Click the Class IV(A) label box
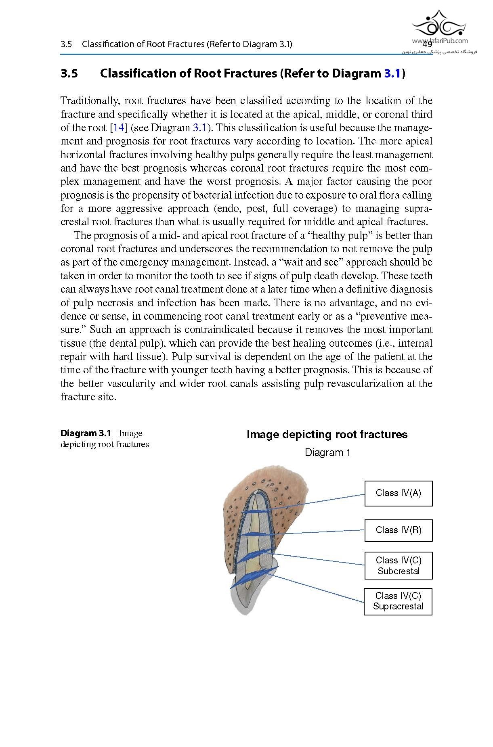(x=398, y=493)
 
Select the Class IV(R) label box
(x=398, y=530)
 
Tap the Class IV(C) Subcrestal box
(x=398, y=565)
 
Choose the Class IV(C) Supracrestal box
(x=398, y=601)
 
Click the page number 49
(x=427, y=44)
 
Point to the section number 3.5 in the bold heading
(x=69, y=73)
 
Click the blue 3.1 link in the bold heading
(x=392, y=73)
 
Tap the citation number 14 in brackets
(x=118, y=128)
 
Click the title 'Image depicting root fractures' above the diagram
(x=327, y=435)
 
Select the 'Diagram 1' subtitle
(x=327, y=452)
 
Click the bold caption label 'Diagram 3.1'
(x=86, y=433)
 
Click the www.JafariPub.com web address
(x=440, y=40)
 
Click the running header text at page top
(x=176, y=44)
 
